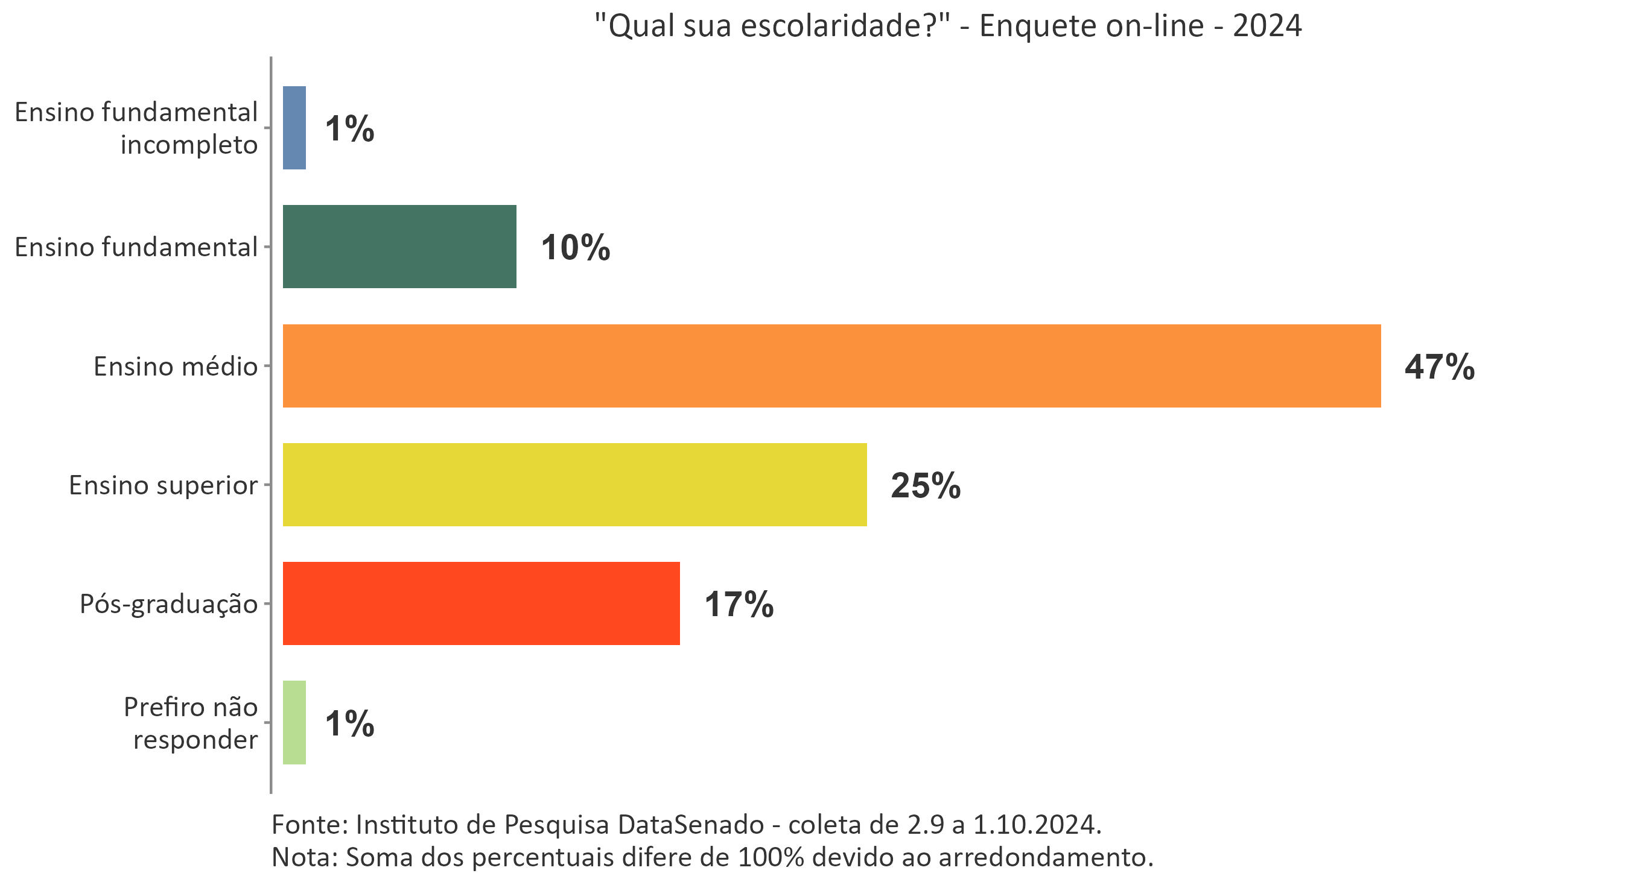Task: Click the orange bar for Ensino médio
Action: (x=831, y=366)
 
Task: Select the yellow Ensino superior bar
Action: (x=574, y=485)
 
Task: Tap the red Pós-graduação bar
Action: (x=481, y=603)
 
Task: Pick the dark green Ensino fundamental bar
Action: (x=399, y=246)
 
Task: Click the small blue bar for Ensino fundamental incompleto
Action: (x=294, y=128)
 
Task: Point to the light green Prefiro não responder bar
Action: (x=294, y=722)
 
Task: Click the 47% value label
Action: (x=1439, y=367)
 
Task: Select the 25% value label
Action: (x=925, y=486)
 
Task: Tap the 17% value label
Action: (x=739, y=605)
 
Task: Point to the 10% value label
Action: (x=575, y=248)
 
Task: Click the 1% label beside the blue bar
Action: (x=349, y=129)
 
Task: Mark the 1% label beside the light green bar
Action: (x=349, y=723)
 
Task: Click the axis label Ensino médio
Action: (x=175, y=367)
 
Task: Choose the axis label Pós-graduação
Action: (x=168, y=604)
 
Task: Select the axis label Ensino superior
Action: (x=163, y=485)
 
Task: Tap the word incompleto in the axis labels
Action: (x=188, y=145)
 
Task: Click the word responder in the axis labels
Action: (x=195, y=740)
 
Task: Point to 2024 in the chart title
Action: (x=1267, y=26)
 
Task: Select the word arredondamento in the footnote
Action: (x=1046, y=858)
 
